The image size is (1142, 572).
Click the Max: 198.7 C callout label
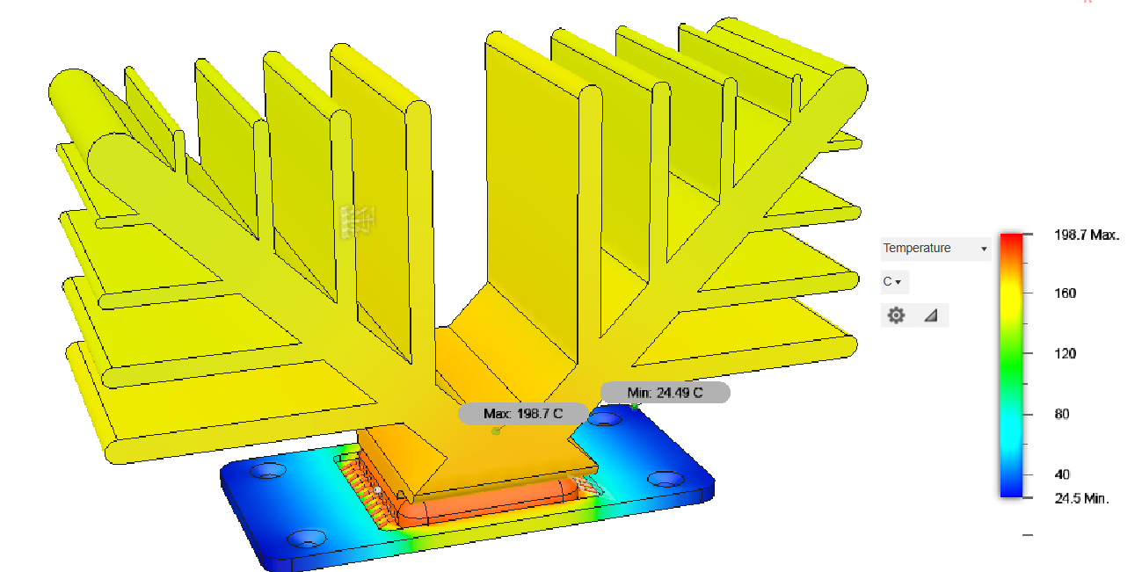[x=522, y=413]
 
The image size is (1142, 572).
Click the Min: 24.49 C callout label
[x=665, y=393]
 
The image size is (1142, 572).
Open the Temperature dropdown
[x=935, y=249]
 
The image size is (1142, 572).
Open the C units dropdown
[x=893, y=282]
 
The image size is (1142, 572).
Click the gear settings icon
[x=896, y=315]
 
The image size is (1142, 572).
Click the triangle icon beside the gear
[x=931, y=315]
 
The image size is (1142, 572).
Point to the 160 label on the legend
[x=1066, y=293]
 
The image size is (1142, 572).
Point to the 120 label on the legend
[x=1066, y=353]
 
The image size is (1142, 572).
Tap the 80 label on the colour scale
[x=1062, y=414]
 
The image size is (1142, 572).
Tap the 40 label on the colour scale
[x=1062, y=474]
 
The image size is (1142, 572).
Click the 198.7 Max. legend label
[x=1086, y=235]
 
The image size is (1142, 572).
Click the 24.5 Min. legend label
[x=1081, y=498]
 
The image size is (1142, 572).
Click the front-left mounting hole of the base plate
[x=307, y=536]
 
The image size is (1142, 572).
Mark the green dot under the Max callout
[x=496, y=431]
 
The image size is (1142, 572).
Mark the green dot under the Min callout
[x=634, y=406]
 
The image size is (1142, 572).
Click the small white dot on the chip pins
[x=377, y=489]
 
